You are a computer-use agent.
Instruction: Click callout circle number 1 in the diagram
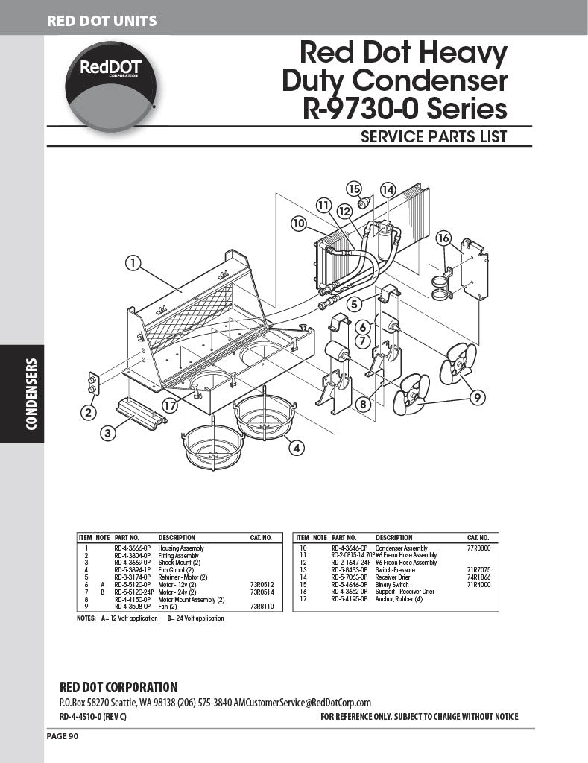[x=133, y=262]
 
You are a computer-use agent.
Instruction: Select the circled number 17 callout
[x=171, y=406]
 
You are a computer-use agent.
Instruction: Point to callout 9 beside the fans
[x=476, y=398]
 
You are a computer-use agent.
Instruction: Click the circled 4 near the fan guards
[x=297, y=448]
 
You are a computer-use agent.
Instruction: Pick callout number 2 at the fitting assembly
[x=89, y=411]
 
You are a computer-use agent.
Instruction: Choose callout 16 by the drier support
[x=444, y=238]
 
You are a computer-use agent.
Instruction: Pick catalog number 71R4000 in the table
[x=478, y=585]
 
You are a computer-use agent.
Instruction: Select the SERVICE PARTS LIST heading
[x=434, y=136]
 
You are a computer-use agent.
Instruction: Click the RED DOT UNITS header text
[x=102, y=21]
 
